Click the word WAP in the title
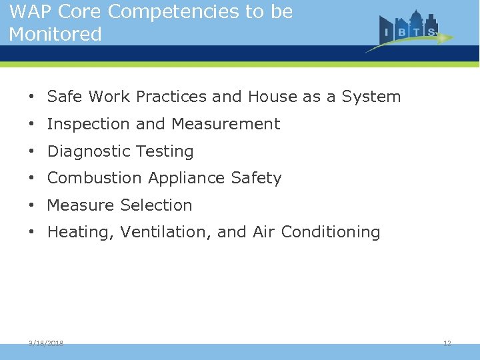tap(29, 13)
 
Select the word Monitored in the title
tap(55, 34)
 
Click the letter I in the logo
tap(387, 32)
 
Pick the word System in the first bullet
tap(371, 97)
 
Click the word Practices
tap(171, 97)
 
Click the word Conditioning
tap(331, 233)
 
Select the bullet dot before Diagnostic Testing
tap(32, 152)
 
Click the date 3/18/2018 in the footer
tap(46, 343)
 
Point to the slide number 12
tap(447, 343)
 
